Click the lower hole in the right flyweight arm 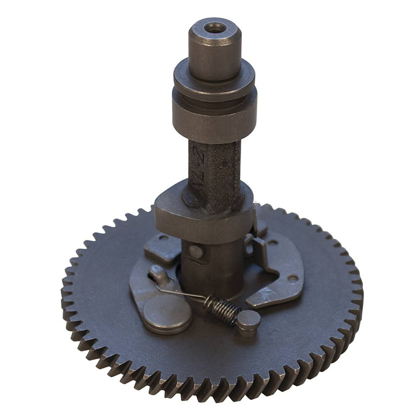290,278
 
